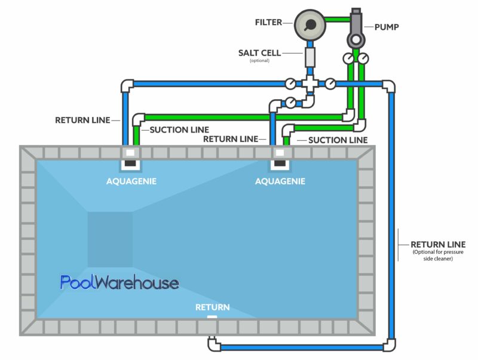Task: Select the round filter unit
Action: pyautogui.click(x=310, y=24)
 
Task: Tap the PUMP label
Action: pyautogui.click(x=387, y=27)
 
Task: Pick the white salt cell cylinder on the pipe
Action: pyautogui.click(x=310, y=57)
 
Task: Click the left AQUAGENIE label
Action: pyautogui.click(x=131, y=181)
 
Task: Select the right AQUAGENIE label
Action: pyautogui.click(x=280, y=181)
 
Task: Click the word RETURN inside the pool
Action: pyautogui.click(x=212, y=307)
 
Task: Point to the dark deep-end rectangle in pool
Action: pyautogui.click(x=110, y=239)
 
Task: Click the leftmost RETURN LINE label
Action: pyautogui.click(x=82, y=120)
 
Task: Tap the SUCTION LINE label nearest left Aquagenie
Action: pyautogui.click(x=179, y=130)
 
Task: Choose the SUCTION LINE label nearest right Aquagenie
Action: pyautogui.click(x=338, y=140)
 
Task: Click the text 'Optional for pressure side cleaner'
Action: pyautogui.click(x=439, y=255)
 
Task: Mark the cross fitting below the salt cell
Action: pyautogui.click(x=310, y=84)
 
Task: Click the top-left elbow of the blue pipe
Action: pyautogui.click(x=127, y=85)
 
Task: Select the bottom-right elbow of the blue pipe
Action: pyautogui.click(x=389, y=344)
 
